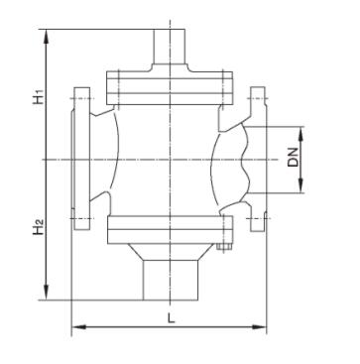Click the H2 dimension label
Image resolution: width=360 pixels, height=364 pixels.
point(39,227)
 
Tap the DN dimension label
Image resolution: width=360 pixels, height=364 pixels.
point(293,157)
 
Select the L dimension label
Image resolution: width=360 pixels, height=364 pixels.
point(171,318)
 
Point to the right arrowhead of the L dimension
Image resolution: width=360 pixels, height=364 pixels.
point(259,327)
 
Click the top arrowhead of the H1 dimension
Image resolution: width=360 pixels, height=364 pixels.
point(47,37)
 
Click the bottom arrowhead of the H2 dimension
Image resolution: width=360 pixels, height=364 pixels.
point(47,293)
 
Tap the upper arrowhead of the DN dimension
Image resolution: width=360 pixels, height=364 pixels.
point(300,134)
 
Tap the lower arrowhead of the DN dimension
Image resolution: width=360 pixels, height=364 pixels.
point(300,185)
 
